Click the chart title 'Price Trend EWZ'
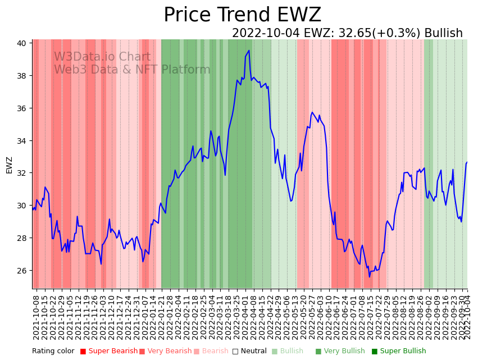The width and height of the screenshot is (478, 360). (242, 15)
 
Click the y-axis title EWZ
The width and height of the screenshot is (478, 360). (9, 165)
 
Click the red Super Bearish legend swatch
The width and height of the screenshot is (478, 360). (83, 352)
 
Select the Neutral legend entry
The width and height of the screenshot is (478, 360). (250, 352)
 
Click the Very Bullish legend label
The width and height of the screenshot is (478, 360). (344, 352)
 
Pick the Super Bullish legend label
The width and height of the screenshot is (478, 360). (403, 352)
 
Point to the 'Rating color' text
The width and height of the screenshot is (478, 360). (53, 352)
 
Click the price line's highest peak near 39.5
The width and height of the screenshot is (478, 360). (249, 51)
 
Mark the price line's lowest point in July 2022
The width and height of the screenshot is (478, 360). (370, 276)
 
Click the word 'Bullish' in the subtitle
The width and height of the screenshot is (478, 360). (443, 33)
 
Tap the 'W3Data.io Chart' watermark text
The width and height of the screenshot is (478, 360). (102, 57)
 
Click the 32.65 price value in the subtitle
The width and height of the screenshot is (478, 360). (357, 33)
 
